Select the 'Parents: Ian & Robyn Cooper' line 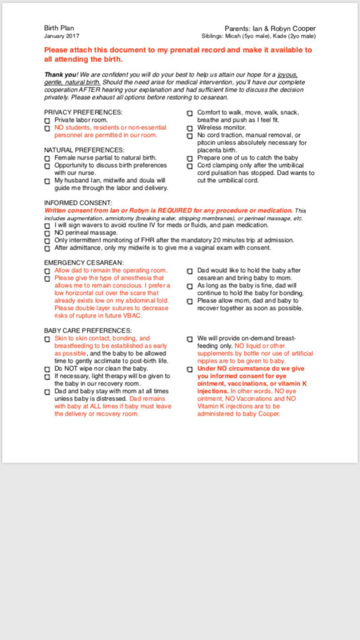coord(270,28)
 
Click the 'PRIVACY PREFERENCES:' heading coord(83,112)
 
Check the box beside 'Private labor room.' coord(47,121)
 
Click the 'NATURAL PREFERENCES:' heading coord(84,150)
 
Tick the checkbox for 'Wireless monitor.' coord(190,129)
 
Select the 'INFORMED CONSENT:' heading coord(78,203)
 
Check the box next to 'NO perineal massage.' coord(47,233)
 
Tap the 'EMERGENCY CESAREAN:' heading coord(84,263)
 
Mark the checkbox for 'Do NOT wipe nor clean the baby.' coord(47,369)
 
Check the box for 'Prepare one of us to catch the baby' coord(190,158)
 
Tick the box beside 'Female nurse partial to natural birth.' coord(47,158)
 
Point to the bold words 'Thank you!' coord(59,75)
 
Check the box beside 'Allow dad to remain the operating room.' coord(47,271)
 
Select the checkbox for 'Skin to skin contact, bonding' coord(47,339)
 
